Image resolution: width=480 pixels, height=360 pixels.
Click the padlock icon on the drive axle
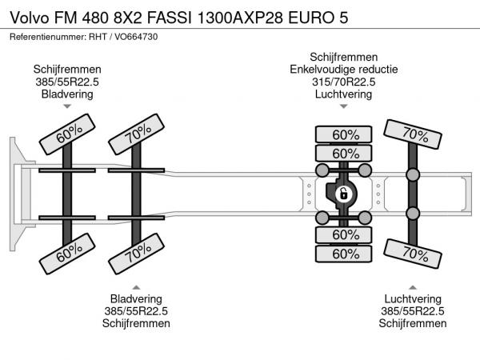click(343, 194)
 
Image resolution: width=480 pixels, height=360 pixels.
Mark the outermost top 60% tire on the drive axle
click(345, 134)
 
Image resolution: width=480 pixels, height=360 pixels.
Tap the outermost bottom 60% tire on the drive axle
click(345, 254)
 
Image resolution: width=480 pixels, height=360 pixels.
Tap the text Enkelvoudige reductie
click(344, 69)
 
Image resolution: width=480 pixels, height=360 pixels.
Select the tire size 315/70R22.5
click(344, 82)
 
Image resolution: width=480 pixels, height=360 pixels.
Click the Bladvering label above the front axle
click(67, 94)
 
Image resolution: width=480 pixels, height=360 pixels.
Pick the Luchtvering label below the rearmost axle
click(413, 298)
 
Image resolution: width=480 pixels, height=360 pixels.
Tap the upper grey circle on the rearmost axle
click(413, 175)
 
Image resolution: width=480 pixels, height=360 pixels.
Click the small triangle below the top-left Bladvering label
click(67, 106)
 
